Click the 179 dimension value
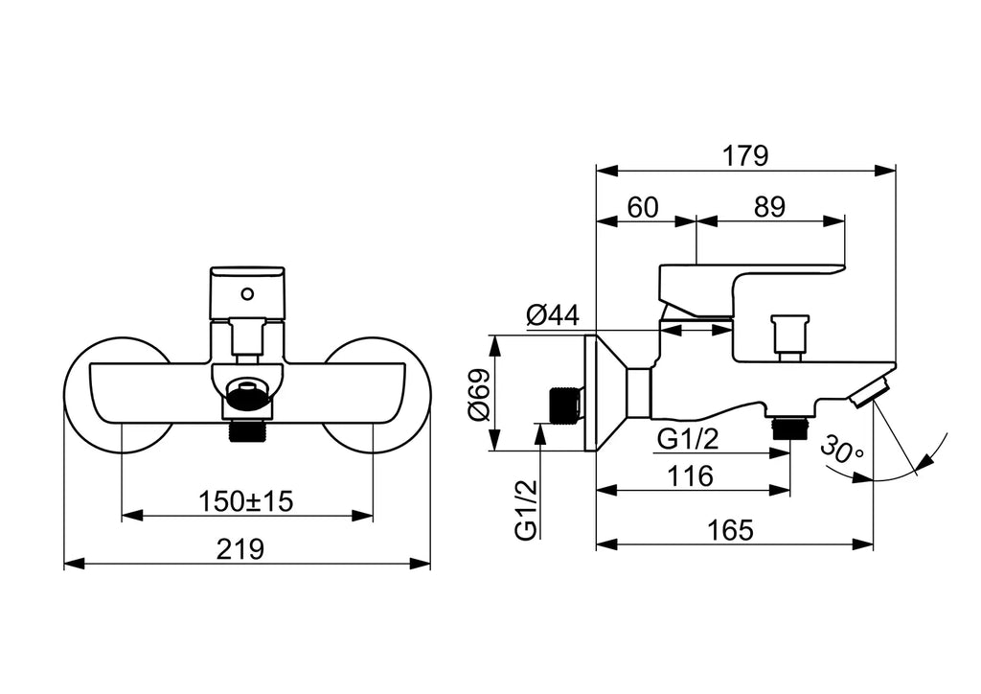tap(745, 155)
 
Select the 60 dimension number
tap(643, 207)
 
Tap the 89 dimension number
tap(769, 207)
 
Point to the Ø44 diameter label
tap(553, 314)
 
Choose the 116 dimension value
tap(690, 476)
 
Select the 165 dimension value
tap(730, 530)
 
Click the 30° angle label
tap(842, 450)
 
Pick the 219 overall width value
tap(240, 549)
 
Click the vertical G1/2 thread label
tap(526, 509)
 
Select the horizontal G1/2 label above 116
tap(688, 439)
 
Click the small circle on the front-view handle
tap(248, 293)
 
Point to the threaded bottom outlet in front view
tap(248, 431)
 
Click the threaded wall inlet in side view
tap(565, 406)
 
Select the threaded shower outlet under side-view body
tap(790, 428)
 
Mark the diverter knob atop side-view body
tap(789, 336)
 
